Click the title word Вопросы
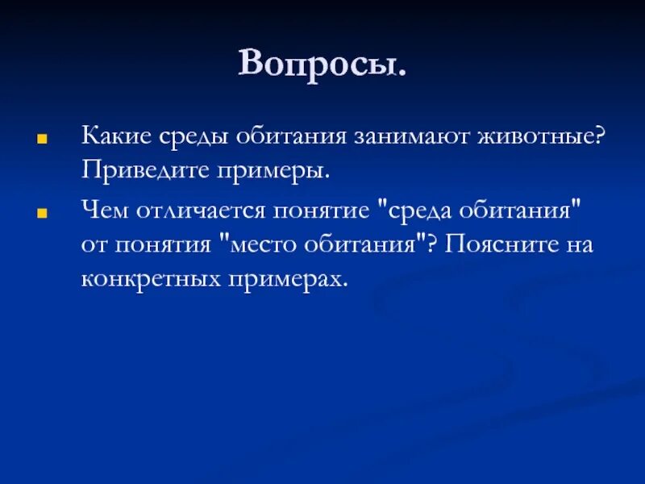(x=322, y=64)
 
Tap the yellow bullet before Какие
(x=39, y=137)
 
